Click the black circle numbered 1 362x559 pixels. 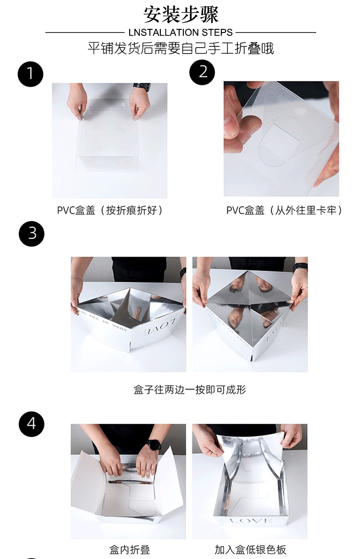click(x=30, y=74)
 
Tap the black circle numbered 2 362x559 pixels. click(x=202, y=72)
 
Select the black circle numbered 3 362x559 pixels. click(x=32, y=234)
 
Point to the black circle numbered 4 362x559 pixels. click(x=32, y=424)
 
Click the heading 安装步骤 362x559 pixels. click(x=181, y=15)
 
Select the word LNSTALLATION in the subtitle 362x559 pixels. click(x=164, y=33)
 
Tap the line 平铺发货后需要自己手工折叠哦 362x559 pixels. click(x=181, y=49)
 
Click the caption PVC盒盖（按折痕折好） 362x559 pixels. click(x=110, y=210)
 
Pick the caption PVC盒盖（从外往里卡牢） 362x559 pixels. click(x=284, y=210)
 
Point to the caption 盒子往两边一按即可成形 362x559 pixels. click(x=190, y=389)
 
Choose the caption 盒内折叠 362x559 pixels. click(x=130, y=549)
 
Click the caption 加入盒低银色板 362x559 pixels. click(x=250, y=549)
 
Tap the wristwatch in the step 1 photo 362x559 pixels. click(x=142, y=88)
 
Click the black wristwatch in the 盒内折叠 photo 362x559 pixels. click(x=154, y=445)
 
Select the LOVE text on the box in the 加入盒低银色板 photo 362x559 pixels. click(x=250, y=514)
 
